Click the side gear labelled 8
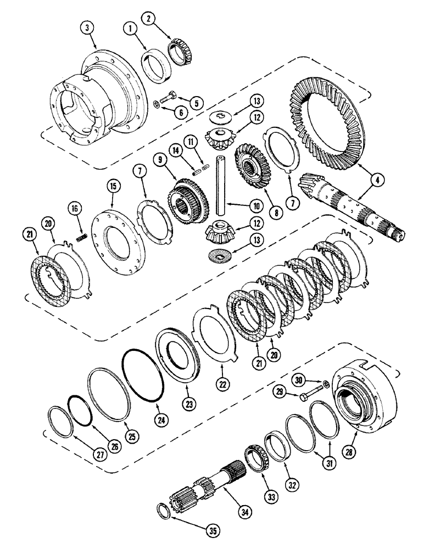[x=253, y=165]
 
